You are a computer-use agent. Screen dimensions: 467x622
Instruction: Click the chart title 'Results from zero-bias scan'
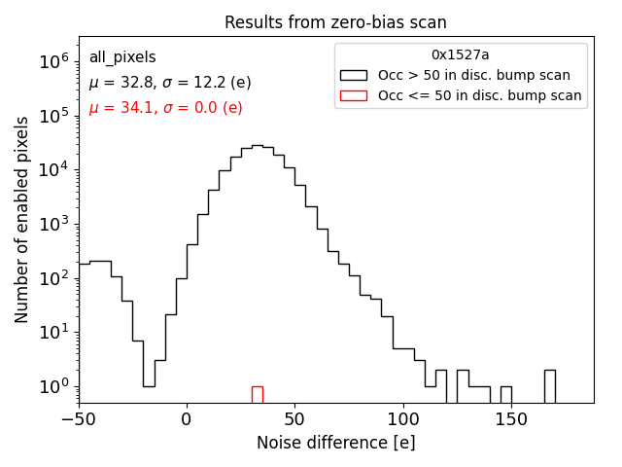click(x=335, y=22)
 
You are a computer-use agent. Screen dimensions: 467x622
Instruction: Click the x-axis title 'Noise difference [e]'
click(x=335, y=443)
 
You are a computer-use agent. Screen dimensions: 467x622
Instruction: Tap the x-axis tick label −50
click(x=78, y=420)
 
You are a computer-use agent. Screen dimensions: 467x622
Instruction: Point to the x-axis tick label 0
click(x=187, y=420)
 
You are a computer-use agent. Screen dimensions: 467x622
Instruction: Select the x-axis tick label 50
click(x=294, y=420)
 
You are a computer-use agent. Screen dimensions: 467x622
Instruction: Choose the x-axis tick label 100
click(x=403, y=420)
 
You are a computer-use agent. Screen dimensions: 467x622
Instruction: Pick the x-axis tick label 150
click(x=511, y=420)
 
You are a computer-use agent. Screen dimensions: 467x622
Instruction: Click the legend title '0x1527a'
click(x=461, y=55)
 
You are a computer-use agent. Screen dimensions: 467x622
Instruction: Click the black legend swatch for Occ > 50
click(x=354, y=75)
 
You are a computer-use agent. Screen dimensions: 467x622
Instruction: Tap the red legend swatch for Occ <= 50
click(x=354, y=95)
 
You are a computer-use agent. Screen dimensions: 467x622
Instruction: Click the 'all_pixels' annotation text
click(x=122, y=57)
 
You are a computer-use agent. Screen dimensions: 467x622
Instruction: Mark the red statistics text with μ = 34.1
click(x=165, y=108)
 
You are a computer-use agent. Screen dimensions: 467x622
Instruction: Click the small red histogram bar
click(x=257, y=394)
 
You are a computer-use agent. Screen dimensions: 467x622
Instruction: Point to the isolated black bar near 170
click(x=549, y=386)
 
